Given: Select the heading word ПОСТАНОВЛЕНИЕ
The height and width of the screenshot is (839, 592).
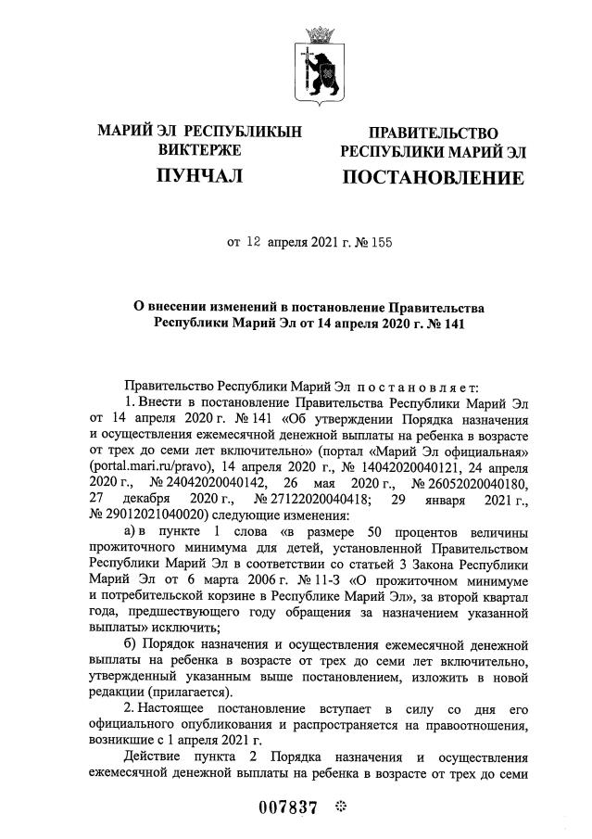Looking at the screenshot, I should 434,177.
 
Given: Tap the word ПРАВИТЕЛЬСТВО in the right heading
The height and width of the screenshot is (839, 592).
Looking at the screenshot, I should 434,133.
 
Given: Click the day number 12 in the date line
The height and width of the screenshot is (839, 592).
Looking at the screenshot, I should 255,245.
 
